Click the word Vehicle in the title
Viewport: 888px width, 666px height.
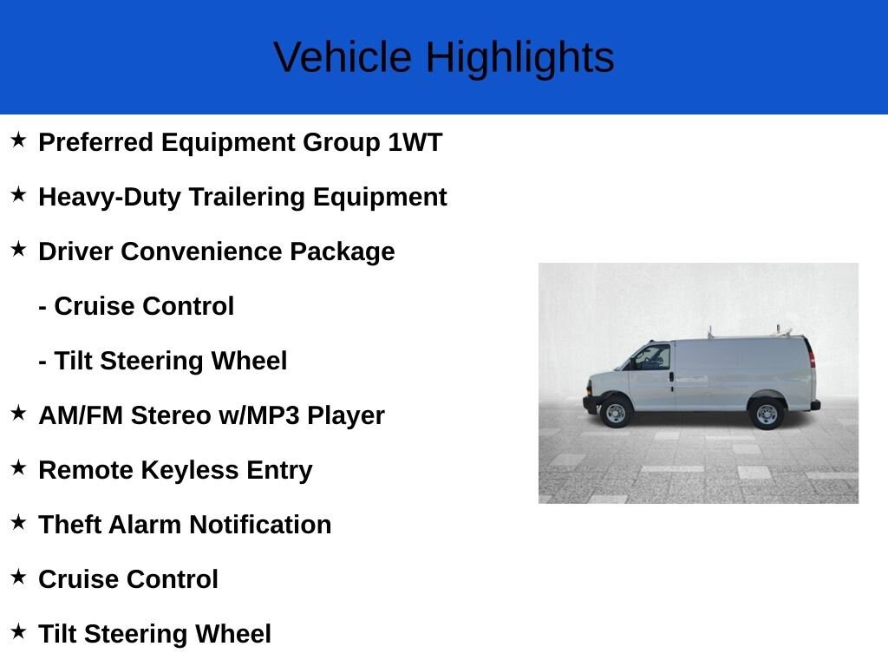point(343,57)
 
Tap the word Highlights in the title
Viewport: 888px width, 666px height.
point(520,59)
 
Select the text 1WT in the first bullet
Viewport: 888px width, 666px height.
point(415,142)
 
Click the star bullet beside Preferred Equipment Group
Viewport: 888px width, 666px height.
point(19,140)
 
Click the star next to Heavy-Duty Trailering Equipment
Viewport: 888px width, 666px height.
point(19,194)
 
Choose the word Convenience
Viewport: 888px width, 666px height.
point(201,251)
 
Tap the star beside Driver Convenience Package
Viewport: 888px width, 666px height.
point(19,249)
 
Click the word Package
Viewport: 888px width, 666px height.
point(342,252)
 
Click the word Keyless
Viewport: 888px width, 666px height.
point(189,471)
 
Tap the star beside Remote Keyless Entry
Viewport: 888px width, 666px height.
point(19,467)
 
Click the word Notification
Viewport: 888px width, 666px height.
point(260,525)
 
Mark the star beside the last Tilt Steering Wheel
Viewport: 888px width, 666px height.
point(19,631)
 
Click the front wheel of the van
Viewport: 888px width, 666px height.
point(616,413)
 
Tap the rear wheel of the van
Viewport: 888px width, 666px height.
point(767,414)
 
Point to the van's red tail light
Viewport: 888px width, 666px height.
point(812,359)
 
